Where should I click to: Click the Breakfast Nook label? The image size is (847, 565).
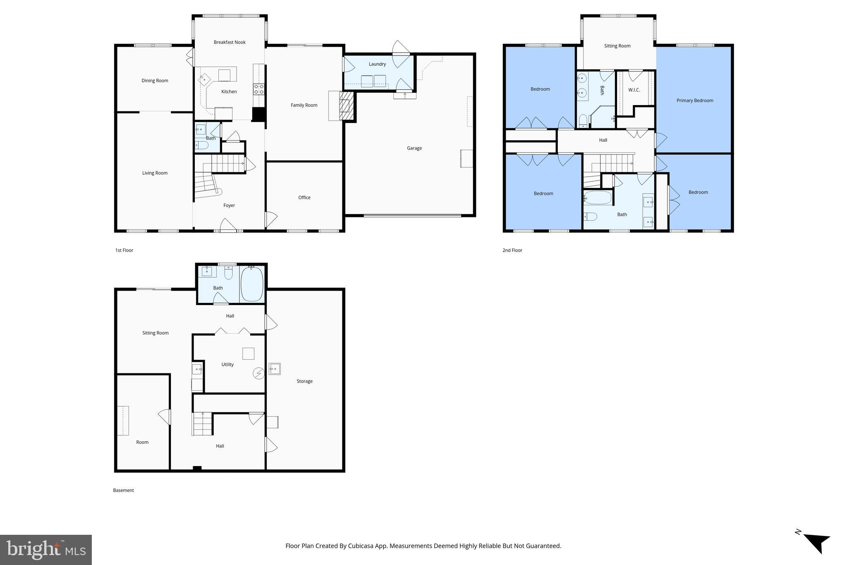pyautogui.click(x=230, y=42)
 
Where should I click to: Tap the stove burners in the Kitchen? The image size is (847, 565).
pyautogui.click(x=259, y=89)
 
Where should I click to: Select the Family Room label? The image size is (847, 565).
pyautogui.click(x=304, y=105)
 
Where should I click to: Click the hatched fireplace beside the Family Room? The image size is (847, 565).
pyautogui.click(x=347, y=106)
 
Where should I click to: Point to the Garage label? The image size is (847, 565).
pyautogui.click(x=414, y=148)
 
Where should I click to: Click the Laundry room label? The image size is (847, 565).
pyautogui.click(x=377, y=64)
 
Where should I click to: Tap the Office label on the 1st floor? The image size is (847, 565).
pyautogui.click(x=304, y=197)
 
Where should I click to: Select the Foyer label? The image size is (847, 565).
pyautogui.click(x=229, y=205)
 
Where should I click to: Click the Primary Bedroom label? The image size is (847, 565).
pyautogui.click(x=694, y=101)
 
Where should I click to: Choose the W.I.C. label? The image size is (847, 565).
pyautogui.click(x=634, y=90)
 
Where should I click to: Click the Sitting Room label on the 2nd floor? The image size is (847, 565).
pyautogui.click(x=617, y=46)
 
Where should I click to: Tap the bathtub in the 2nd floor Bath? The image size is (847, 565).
pyautogui.click(x=598, y=198)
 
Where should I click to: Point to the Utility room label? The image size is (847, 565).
pyautogui.click(x=227, y=365)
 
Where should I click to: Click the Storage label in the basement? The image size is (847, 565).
pyautogui.click(x=304, y=381)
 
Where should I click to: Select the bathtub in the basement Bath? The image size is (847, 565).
pyautogui.click(x=252, y=284)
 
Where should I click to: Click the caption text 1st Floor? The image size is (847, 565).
pyautogui.click(x=124, y=250)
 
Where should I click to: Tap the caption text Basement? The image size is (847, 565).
pyautogui.click(x=123, y=490)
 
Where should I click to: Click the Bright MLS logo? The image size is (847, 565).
pyautogui.click(x=46, y=550)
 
